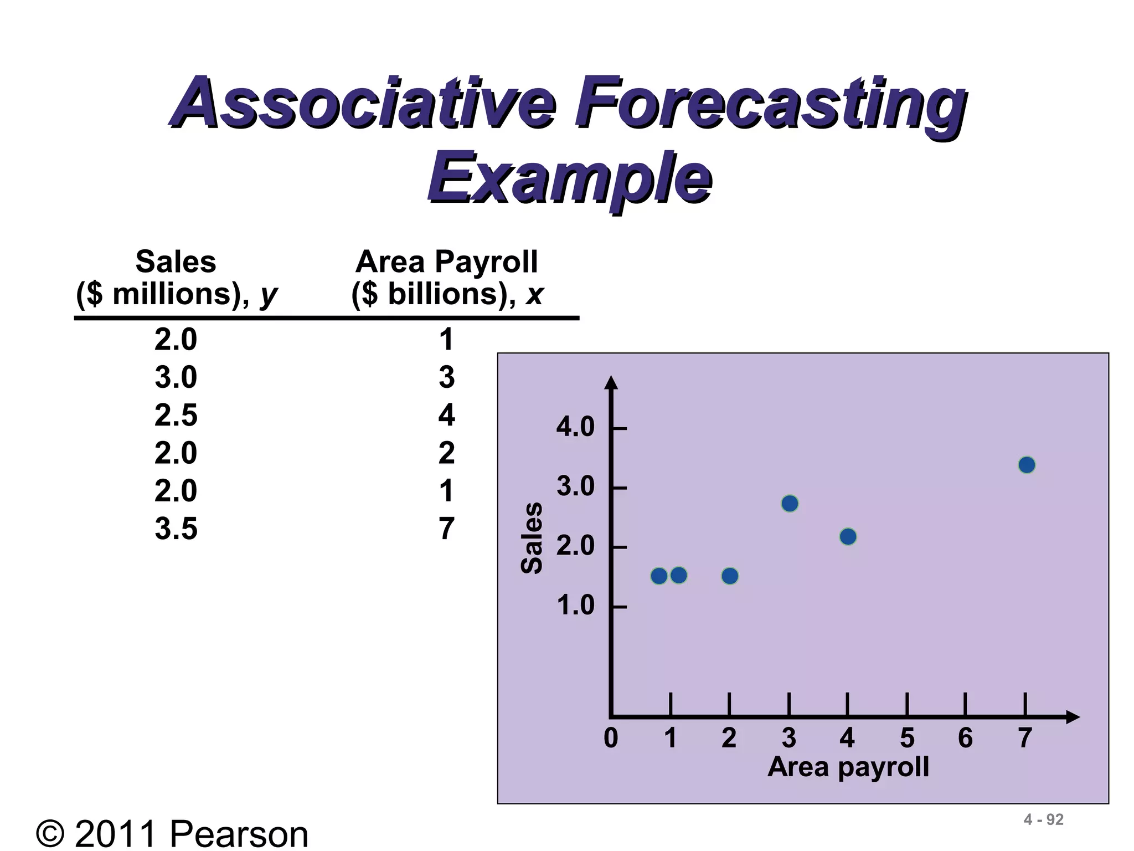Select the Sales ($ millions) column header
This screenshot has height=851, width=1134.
176,277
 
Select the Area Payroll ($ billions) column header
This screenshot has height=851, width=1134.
447,277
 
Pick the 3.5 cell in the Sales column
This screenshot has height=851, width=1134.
176,529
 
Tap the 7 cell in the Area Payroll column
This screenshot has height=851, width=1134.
446,529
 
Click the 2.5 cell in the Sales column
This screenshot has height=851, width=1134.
176,415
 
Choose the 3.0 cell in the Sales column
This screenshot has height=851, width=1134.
176,377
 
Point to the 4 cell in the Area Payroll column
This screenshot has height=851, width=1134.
446,415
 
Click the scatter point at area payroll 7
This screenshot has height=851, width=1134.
1027,465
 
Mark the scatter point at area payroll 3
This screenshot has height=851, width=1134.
790,504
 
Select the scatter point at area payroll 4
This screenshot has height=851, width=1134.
848,536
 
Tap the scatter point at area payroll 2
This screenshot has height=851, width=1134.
730,576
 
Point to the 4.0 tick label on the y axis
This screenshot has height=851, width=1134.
575,428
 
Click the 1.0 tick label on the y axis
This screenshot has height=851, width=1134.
575,606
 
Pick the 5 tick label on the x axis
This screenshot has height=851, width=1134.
907,738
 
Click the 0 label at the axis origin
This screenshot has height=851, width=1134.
611,738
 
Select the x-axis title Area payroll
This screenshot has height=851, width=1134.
848,767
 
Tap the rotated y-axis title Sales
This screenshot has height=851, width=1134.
532,537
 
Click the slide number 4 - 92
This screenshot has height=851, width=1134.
1044,819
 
